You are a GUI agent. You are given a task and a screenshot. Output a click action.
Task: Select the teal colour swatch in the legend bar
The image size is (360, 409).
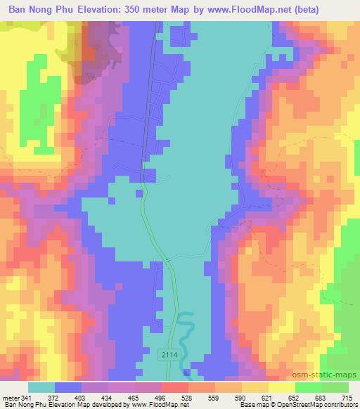pos(41,387)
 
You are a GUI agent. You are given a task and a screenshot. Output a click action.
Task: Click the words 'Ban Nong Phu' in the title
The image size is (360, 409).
pos(44,9)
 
